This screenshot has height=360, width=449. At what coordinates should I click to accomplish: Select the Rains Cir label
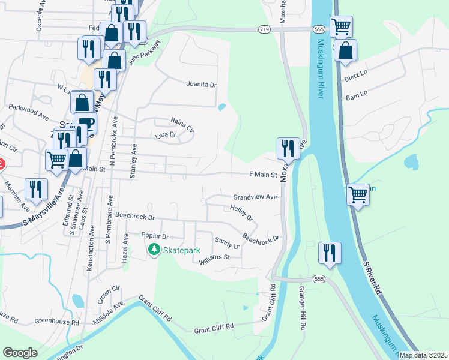click(x=182, y=124)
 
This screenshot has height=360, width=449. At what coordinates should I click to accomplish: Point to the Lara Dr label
click(x=165, y=135)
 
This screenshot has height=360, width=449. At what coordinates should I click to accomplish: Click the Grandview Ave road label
click(x=255, y=197)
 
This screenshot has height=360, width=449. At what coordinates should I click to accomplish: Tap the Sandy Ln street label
click(x=228, y=242)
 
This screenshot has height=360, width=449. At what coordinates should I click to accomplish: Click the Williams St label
click(x=214, y=258)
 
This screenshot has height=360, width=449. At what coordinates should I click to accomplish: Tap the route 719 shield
click(x=265, y=29)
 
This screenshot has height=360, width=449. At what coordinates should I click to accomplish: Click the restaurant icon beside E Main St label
click(x=288, y=147)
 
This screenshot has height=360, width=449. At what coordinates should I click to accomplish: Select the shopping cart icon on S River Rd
click(x=358, y=194)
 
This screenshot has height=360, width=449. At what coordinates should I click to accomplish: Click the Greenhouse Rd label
click(x=57, y=322)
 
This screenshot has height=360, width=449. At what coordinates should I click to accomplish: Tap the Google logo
click(x=20, y=352)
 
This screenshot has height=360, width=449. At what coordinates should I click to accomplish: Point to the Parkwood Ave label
click(x=28, y=111)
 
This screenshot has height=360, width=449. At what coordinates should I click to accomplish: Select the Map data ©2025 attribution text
click(x=423, y=355)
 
